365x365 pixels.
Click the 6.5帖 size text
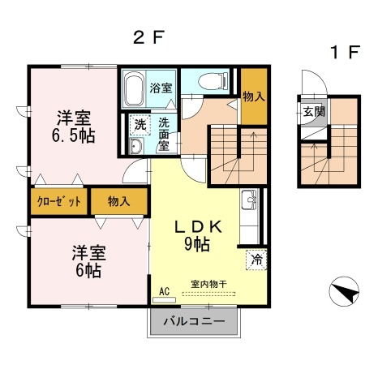pyautogui.click(x=75, y=135)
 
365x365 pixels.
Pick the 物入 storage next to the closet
pyautogui.click(x=118, y=201)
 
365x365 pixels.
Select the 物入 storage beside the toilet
pyautogui.click(x=254, y=97)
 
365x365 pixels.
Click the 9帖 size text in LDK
pyautogui.click(x=200, y=243)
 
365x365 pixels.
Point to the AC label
pyautogui.click(x=163, y=290)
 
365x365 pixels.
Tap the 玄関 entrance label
pyautogui.click(x=314, y=111)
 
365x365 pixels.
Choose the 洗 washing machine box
pyautogui.click(x=140, y=126)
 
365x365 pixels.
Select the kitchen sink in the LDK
pyautogui.click(x=248, y=200)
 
